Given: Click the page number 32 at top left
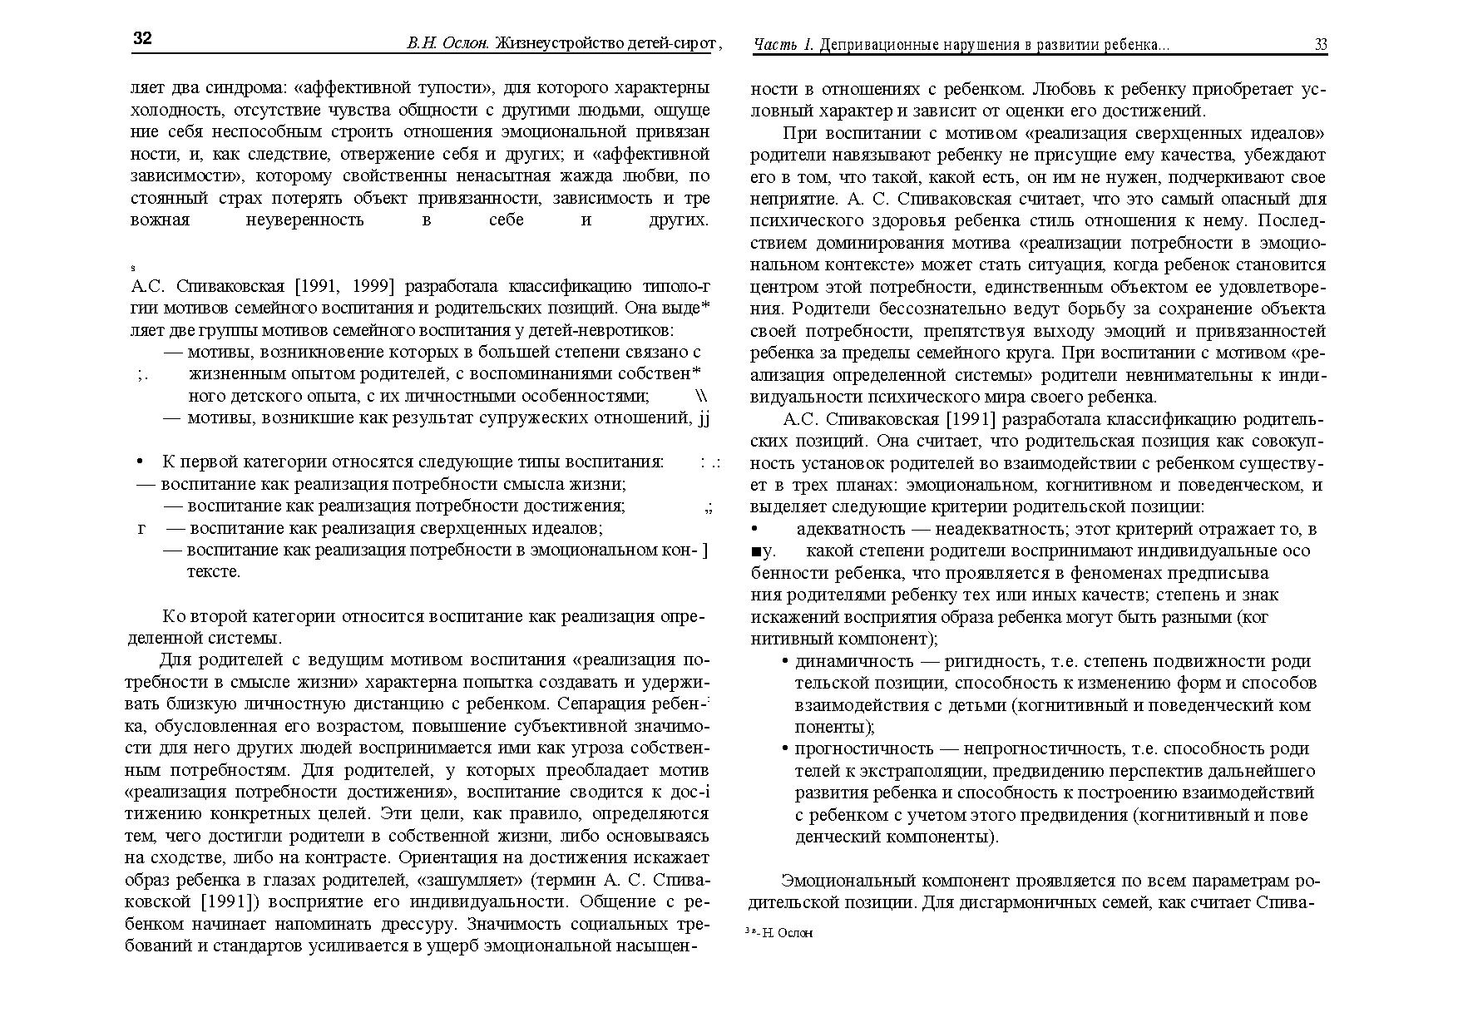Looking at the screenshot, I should point(142,39).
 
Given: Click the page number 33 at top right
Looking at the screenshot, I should point(1321,45).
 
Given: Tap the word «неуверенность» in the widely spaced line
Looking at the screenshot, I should point(305,220).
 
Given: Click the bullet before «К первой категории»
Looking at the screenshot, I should point(140,462).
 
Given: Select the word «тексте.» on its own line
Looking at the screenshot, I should point(215,572).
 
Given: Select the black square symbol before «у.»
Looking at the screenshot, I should point(755,551).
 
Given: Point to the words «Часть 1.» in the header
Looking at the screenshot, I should point(783,45).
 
